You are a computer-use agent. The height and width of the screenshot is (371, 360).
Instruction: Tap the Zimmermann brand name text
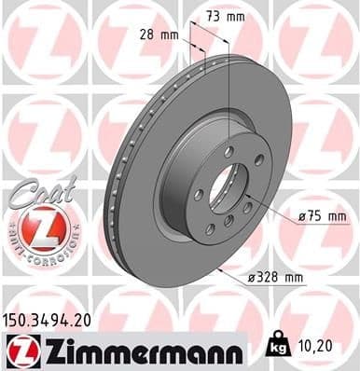click(142, 349)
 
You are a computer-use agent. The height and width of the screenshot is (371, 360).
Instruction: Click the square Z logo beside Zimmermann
click(20, 349)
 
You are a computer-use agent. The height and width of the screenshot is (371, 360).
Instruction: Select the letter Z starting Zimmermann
click(46, 349)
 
